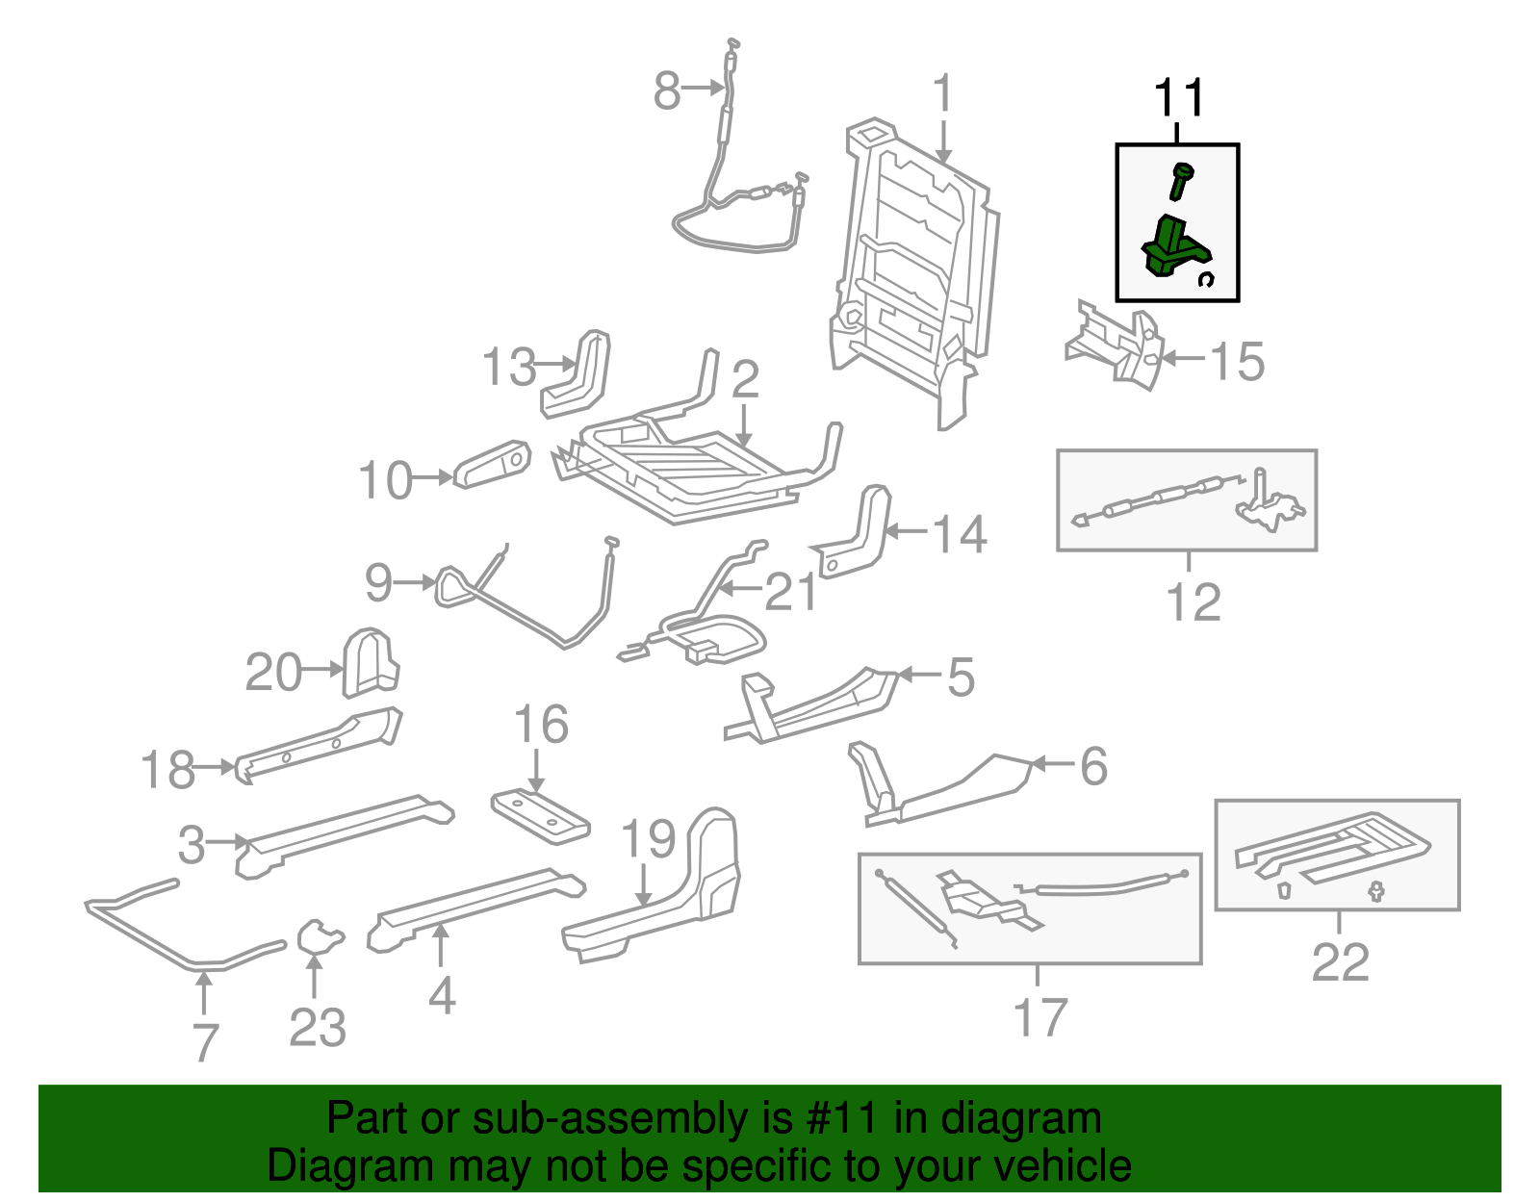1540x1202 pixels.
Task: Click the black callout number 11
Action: pos(1178,98)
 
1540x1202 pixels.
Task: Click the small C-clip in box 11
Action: pos(1206,279)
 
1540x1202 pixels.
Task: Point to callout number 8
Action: pos(666,91)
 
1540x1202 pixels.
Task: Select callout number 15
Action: pos(1236,362)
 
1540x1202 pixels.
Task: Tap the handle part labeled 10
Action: pos(492,464)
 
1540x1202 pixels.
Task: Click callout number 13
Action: pos(508,367)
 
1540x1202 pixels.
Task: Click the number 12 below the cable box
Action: pos(1193,602)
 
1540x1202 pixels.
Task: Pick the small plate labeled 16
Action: pos(539,817)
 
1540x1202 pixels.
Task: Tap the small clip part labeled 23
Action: pos(318,935)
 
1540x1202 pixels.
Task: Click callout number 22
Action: pos(1340,962)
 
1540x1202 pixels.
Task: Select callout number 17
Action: pos(1039,1017)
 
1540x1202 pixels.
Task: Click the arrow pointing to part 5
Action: pos(918,675)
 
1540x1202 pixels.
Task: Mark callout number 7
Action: pos(205,1041)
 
